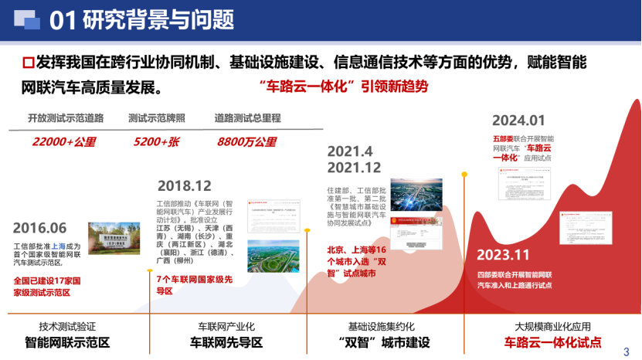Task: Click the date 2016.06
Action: click(40, 228)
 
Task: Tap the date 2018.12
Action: click(184, 186)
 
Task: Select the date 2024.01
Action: click(519, 120)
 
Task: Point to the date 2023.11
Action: click(503, 255)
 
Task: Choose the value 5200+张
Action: click(155, 142)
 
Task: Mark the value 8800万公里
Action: click(247, 142)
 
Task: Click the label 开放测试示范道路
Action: click(66, 118)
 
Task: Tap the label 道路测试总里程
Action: click(247, 118)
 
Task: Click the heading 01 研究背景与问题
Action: click(142, 20)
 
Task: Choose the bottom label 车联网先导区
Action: click(226, 342)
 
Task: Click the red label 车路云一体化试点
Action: click(552, 342)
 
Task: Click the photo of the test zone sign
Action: click(114, 239)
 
